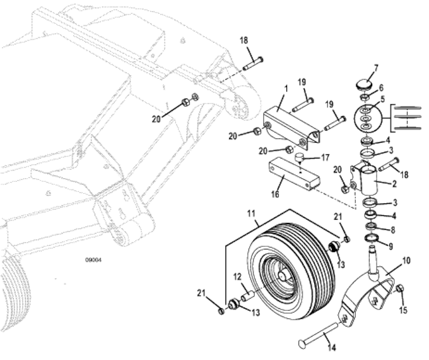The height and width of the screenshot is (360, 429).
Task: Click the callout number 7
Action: (x=376, y=68)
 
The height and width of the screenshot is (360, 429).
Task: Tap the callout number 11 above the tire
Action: (x=251, y=213)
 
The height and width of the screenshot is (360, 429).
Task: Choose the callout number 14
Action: (x=331, y=347)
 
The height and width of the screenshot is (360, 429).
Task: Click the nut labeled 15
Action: (x=400, y=288)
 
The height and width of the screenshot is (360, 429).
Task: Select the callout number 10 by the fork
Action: (x=406, y=261)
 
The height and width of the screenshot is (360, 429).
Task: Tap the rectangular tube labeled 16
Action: (x=294, y=174)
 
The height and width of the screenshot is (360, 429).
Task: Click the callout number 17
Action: (x=326, y=158)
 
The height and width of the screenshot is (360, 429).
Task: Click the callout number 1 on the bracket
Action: (x=286, y=89)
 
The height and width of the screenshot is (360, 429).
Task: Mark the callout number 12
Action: (x=237, y=277)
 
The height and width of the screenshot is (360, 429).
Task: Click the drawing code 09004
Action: (x=93, y=260)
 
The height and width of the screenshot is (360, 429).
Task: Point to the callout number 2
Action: (x=394, y=184)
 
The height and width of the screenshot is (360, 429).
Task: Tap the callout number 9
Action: (x=391, y=246)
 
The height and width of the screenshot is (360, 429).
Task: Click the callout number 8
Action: (x=393, y=230)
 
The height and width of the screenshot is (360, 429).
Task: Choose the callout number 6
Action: (x=381, y=88)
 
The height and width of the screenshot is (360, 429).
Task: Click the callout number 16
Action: (x=275, y=195)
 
